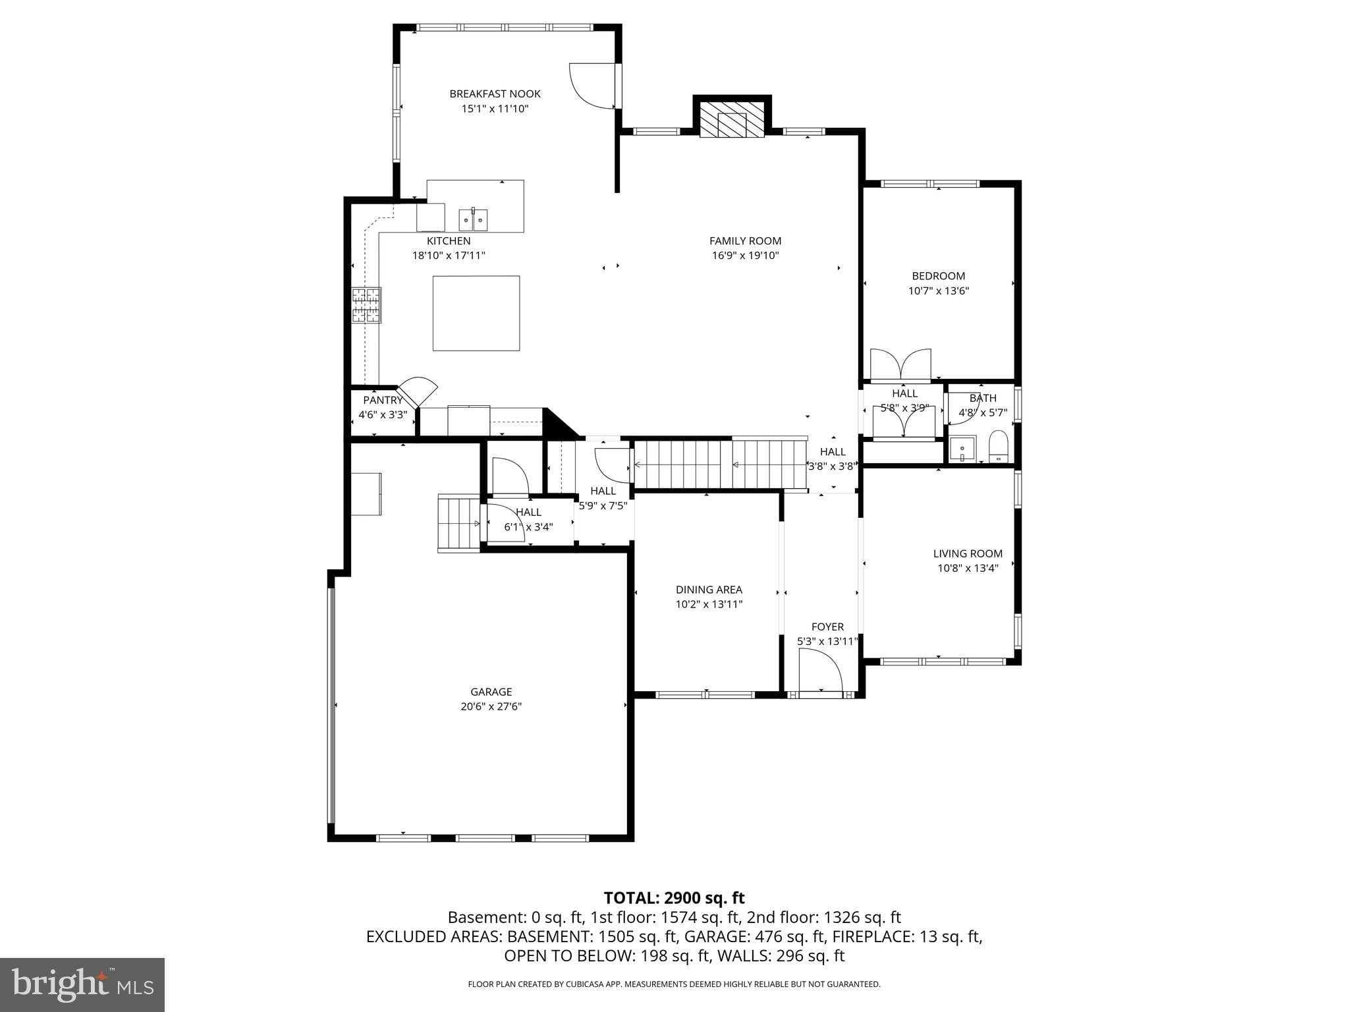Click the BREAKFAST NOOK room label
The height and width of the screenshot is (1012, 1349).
tap(495, 94)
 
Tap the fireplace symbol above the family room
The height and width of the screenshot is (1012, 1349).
tap(732, 120)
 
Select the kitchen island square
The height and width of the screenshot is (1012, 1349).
tap(476, 313)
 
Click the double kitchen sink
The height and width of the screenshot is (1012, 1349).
tap(473, 219)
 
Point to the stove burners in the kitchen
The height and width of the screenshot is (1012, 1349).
tap(366, 305)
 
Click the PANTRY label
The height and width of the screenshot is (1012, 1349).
tap(382, 400)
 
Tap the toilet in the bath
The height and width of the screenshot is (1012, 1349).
tap(999, 446)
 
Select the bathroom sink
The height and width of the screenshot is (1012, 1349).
tap(962, 449)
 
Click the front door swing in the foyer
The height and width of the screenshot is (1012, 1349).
tap(820, 669)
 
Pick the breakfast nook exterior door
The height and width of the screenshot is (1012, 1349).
tap(593, 86)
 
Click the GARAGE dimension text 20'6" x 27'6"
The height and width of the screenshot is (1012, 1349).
tap(491, 706)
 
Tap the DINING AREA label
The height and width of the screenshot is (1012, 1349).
tap(709, 590)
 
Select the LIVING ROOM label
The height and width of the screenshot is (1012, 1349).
tap(968, 553)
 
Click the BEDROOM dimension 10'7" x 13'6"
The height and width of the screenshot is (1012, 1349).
tap(938, 291)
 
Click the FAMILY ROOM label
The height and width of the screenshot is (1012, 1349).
tap(745, 241)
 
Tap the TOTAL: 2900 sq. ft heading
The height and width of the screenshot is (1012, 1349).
tap(674, 897)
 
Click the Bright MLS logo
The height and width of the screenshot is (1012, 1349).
tap(82, 985)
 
